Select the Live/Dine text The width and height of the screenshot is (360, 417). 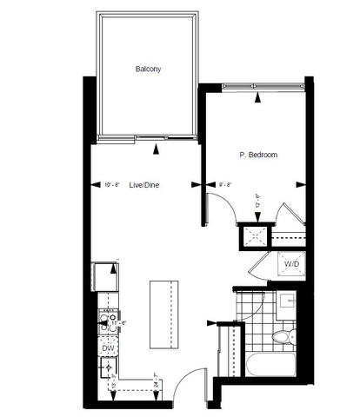[143, 184]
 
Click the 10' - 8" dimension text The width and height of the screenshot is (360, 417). [112, 184]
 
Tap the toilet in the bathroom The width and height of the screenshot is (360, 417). [283, 335]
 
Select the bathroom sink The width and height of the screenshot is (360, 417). [287, 303]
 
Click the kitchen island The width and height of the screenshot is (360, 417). [163, 308]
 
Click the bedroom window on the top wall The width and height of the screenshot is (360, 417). [262, 84]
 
